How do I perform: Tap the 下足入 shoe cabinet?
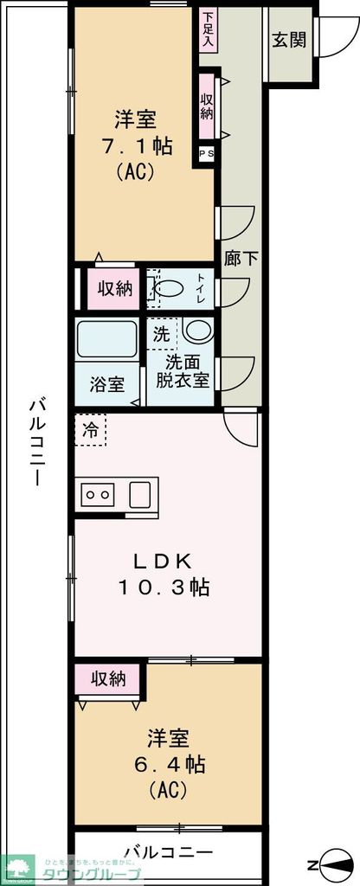209,31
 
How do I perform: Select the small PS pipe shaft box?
208,154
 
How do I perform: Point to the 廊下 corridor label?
236,259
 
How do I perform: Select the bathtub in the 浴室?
107,338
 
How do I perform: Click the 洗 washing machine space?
162,330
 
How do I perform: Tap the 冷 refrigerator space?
90,428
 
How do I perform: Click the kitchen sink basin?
141,495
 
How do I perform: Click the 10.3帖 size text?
164,587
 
